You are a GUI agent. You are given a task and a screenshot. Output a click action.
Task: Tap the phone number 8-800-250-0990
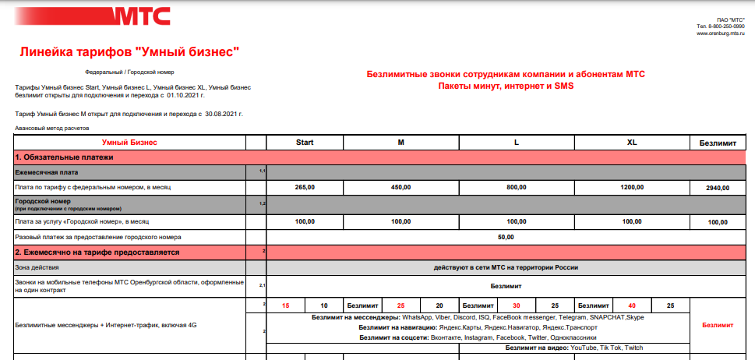[725, 26]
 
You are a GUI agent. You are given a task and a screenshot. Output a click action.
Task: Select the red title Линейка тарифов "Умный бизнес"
[129, 52]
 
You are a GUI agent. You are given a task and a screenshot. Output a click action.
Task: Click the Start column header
[305, 143]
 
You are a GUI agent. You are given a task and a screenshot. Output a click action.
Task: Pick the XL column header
[632, 143]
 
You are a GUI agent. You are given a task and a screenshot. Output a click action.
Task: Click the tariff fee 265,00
[305, 187]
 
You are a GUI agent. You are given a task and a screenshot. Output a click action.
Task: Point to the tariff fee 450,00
[400, 187]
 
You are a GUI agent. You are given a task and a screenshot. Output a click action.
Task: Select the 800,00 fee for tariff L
[516, 187]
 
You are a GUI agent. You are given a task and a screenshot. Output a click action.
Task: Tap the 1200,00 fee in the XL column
[632, 187]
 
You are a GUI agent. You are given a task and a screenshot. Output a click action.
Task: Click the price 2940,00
[719, 188]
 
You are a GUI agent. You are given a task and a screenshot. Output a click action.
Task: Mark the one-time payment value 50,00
[506, 236]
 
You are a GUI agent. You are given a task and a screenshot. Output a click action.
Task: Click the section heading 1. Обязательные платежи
[65, 157]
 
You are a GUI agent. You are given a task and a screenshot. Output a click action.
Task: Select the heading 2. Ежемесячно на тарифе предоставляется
[97, 252]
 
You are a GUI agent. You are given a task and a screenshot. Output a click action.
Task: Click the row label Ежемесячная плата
[48, 171]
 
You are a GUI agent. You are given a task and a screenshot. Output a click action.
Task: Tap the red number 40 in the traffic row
[632, 305]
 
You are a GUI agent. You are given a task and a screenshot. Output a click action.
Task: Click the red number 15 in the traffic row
[286, 305]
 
